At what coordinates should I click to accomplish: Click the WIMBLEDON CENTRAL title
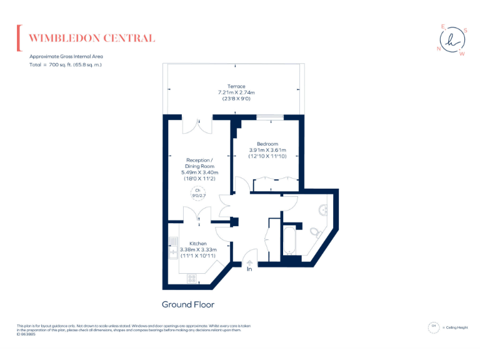(92, 38)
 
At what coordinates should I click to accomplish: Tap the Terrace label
(236, 86)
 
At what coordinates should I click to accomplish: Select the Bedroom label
(267, 144)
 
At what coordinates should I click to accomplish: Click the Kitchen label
(198, 243)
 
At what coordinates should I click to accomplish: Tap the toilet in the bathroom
(315, 232)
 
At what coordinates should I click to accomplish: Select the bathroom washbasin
(324, 210)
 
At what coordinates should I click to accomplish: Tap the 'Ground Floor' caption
(188, 305)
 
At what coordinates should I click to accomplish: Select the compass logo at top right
(453, 39)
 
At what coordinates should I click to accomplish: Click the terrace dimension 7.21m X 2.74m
(236, 92)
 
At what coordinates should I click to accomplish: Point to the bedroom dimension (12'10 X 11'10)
(267, 156)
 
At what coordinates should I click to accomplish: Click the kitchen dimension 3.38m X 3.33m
(198, 249)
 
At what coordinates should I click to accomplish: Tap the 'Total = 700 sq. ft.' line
(66, 65)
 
